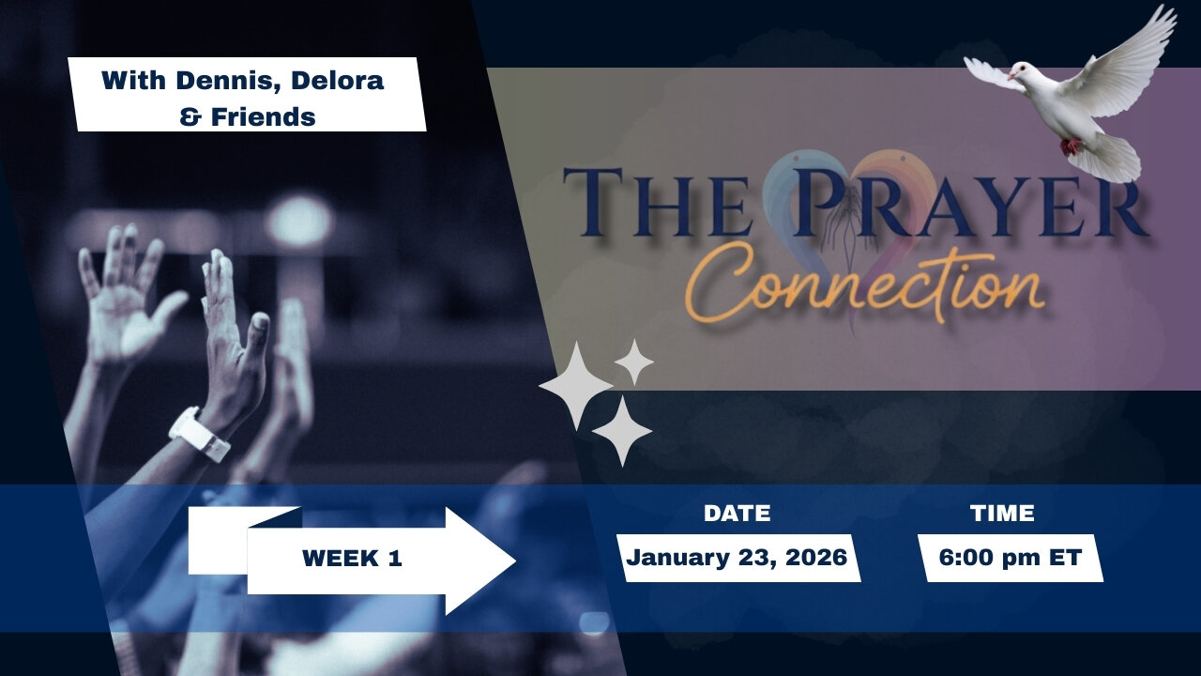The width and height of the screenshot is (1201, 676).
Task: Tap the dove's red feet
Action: pyautogui.click(x=1071, y=146)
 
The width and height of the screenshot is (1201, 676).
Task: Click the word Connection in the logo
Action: pyautogui.click(x=868, y=283)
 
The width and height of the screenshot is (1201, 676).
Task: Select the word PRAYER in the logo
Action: pyautogui.click(x=971, y=203)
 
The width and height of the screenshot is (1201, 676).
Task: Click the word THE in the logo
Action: pyautogui.click(x=657, y=203)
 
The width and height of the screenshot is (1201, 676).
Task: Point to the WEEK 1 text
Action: pyautogui.click(x=352, y=559)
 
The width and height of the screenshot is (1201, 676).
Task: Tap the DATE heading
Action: pyautogui.click(x=737, y=514)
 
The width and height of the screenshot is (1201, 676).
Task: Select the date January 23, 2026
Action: pyautogui.click(x=737, y=558)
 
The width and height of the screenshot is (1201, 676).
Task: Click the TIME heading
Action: pyautogui.click(x=1002, y=514)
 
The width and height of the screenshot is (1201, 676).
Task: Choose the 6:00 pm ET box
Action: pyautogui.click(x=1011, y=558)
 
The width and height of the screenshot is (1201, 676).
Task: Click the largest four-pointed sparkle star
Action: pyautogui.click(x=575, y=386)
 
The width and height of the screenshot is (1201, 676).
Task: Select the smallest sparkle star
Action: pyautogui.click(x=634, y=362)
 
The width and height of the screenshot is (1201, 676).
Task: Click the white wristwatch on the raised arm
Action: pyautogui.click(x=199, y=434)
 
